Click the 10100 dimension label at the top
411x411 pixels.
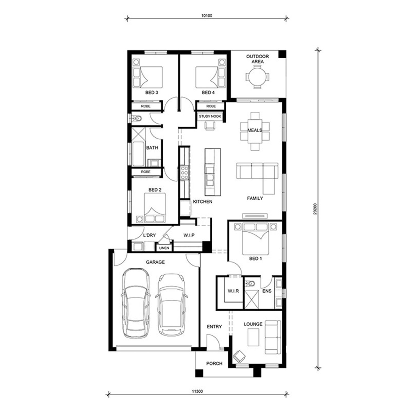click(x=207, y=16)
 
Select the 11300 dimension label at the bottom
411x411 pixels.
click(x=197, y=392)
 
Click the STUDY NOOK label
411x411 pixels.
click(x=210, y=116)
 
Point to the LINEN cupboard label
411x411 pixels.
click(x=164, y=248)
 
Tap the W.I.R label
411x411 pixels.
click(x=233, y=291)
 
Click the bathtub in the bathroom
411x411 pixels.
click(x=138, y=154)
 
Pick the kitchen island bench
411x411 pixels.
click(x=213, y=172)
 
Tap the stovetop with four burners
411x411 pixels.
click(x=184, y=173)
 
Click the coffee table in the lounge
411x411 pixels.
click(x=253, y=337)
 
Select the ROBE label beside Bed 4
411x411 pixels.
click(x=211, y=106)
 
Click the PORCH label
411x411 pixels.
click(x=214, y=364)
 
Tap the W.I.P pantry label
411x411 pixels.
click(x=189, y=235)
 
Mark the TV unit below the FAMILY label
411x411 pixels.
click(x=255, y=216)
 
